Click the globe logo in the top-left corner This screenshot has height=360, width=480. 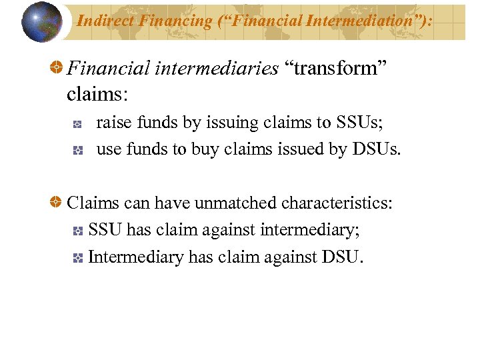click(41, 21)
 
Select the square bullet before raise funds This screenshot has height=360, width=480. click(77, 124)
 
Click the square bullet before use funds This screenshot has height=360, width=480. click(77, 151)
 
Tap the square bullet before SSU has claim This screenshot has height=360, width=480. click(77, 231)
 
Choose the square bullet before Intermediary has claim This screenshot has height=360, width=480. click(77, 257)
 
